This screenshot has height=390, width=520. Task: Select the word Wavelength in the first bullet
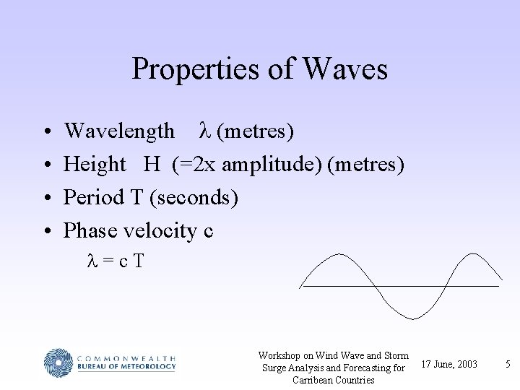coord(119,131)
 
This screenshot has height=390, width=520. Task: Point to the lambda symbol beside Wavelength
coord(204,131)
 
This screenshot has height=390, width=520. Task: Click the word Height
coord(95,165)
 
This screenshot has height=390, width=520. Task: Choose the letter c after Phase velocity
coord(209,231)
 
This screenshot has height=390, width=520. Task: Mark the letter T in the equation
coord(138,261)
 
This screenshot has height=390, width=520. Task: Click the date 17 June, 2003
coord(448,364)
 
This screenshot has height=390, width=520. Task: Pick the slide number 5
coord(508,364)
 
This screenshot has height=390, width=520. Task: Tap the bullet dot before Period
coord(46,198)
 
